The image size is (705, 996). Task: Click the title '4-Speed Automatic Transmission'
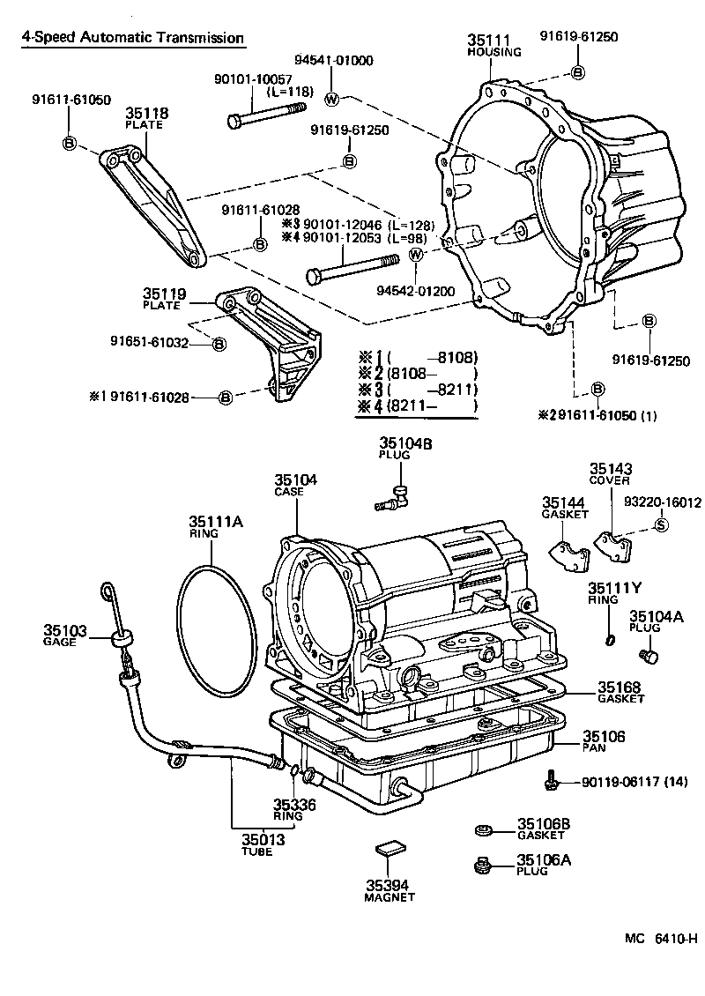click(133, 39)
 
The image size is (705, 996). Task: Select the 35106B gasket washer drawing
click(482, 829)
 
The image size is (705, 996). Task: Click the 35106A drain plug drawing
click(482, 866)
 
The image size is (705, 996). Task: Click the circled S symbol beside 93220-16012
click(662, 526)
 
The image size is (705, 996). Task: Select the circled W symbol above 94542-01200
click(417, 255)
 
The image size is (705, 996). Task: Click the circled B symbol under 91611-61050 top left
click(69, 143)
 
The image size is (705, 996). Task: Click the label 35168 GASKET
click(621, 692)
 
